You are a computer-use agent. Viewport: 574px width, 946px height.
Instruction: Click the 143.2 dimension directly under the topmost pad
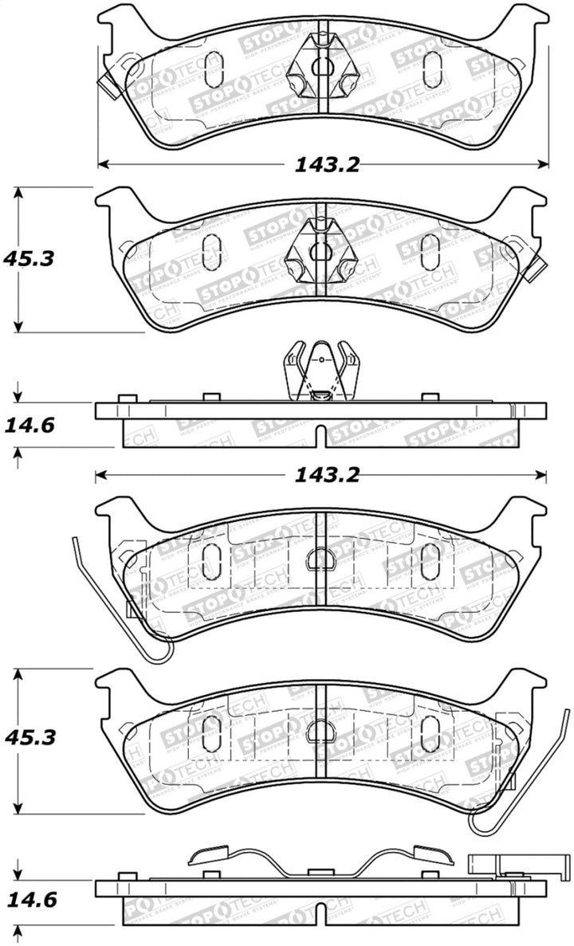click(x=327, y=165)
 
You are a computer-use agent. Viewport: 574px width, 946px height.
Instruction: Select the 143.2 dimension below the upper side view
click(x=327, y=476)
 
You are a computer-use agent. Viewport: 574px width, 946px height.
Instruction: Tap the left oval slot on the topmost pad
click(x=213, y=68)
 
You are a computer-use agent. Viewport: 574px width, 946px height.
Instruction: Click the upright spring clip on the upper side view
click(x=320, y=369)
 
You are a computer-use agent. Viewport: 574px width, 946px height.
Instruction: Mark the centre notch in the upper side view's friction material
click(x=320, y=436)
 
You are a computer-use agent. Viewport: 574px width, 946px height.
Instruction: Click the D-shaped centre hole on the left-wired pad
click(x=319, y=559)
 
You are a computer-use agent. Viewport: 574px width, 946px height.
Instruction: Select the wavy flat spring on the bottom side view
click(x=319, y=859)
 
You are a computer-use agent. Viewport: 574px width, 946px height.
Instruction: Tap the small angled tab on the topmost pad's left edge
click(x=105, y=81)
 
